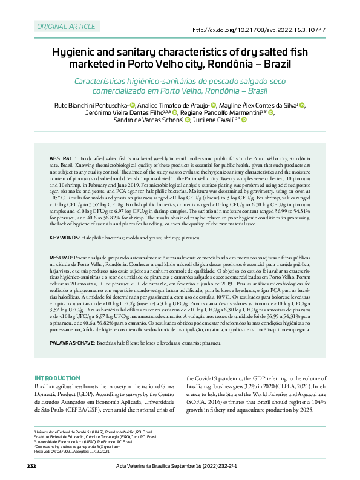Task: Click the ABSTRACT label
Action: [x=62, y=157]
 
